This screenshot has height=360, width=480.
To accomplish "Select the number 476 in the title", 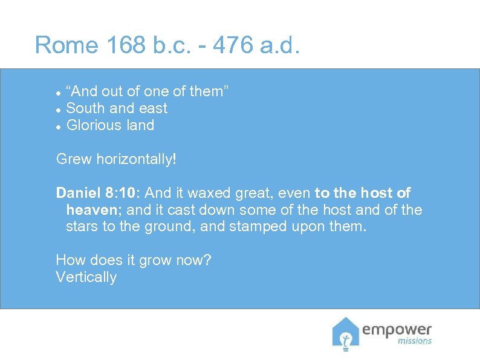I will click(x=232, y=45).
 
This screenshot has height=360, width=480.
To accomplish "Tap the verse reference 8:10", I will click(x=123, y=193).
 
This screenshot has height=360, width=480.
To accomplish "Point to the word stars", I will click(x=82, y=227).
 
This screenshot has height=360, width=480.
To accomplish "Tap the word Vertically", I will click(x=86, y=277).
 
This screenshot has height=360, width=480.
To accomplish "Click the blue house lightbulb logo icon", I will click(x=345, y=333).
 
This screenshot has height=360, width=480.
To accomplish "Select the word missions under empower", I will click(x=414, y=341).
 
